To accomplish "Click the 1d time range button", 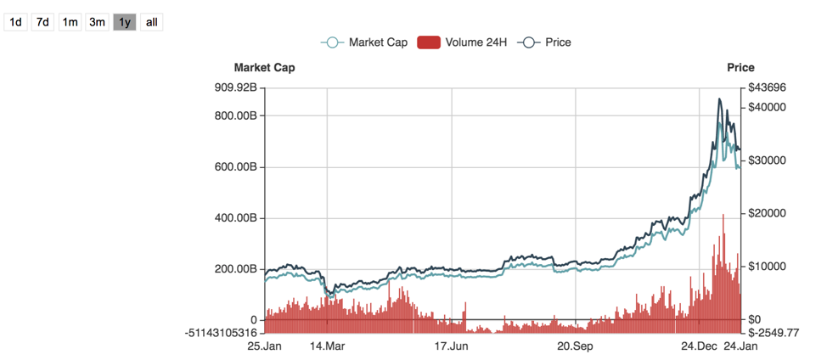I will pos(15,22).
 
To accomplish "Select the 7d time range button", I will pos(42,22).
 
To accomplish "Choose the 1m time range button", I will pos(70,22).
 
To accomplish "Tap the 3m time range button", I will pos(98,22).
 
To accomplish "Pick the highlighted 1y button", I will pos(125,22).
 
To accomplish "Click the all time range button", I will pos(151,22).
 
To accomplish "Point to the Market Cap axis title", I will pos(264,68).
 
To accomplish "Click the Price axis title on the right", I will pos(740,68).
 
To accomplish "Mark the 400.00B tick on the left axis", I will pos(234,218).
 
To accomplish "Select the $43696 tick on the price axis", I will pos(768,87).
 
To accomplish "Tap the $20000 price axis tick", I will pos(768,213).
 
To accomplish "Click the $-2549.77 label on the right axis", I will pos(774,332).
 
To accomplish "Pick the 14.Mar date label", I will pos(327,346).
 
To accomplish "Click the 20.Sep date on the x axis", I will pos(575,346).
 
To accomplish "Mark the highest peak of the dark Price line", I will pos(720,99).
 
